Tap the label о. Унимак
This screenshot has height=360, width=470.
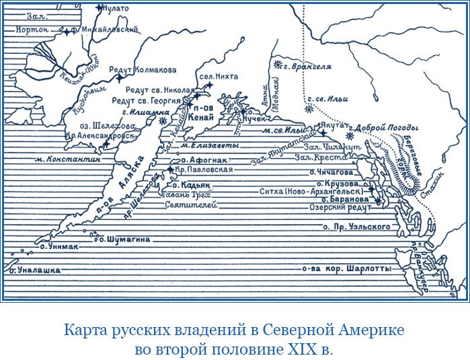[x=58, y=247]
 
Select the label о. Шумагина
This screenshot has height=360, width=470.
[x=120, y=238]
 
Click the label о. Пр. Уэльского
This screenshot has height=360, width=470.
[x=356, y=227]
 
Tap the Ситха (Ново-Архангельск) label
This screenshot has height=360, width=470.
[x=314, y=191]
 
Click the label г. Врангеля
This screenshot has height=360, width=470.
[x=306, y=67]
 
